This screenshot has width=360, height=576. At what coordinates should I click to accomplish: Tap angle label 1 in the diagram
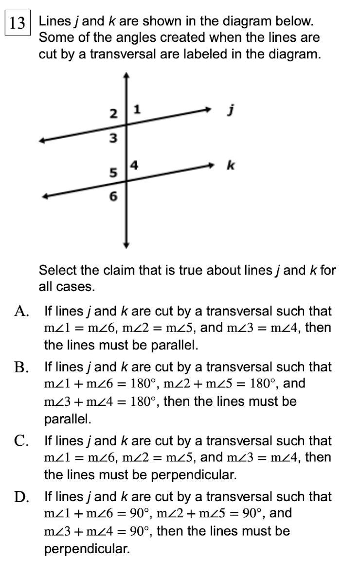[137, 110]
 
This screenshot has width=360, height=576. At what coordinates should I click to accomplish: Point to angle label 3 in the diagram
[113, 139]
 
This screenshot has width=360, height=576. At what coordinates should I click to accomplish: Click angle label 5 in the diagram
[113, 173]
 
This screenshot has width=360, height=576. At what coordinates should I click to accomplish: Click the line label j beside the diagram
[232, 111]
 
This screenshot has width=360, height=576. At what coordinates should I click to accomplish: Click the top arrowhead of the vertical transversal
[126, 75]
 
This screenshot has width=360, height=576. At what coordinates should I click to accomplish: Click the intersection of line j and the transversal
[126, 125]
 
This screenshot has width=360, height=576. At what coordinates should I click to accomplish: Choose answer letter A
[20, 311]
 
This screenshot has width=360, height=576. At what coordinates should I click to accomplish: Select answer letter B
[20, 367]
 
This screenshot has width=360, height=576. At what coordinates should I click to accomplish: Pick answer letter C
[20, 441]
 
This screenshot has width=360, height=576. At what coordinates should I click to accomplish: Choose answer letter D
[20, 497]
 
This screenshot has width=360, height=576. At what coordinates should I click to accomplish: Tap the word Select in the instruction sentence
[56, 270]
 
